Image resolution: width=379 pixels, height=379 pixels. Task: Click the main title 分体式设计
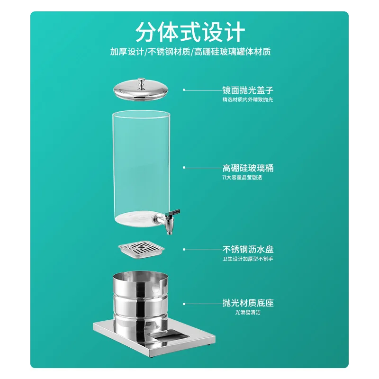coord(190,32)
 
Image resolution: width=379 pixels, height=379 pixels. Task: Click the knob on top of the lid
coord(141,83)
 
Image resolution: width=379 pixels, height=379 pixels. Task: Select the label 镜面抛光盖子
coord(248,90)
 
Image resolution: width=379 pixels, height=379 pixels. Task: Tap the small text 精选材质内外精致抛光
coord(248,99)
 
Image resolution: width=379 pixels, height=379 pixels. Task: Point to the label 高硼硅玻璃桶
coord(248,168)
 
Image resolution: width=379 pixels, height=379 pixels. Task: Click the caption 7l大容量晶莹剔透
coord(242,177)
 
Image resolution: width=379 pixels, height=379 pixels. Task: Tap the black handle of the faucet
coord(174,213)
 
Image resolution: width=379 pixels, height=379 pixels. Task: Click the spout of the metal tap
coord(169,230)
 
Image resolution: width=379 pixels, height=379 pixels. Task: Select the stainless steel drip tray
coord(141,249)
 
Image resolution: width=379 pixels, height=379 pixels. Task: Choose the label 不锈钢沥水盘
coord(248,249)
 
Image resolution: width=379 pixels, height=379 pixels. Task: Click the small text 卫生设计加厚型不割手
coord(248,259)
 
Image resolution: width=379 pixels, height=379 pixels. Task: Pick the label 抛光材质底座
coord(248,303)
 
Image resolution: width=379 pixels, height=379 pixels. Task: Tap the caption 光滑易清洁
coord(248,312)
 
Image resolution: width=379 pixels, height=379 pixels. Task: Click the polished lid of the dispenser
coord(141,90)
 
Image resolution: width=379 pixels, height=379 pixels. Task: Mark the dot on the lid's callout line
coord(184,90)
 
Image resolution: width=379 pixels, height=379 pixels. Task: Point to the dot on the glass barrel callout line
coord(184,167)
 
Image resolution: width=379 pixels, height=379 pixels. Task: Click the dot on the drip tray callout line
coord(184,249)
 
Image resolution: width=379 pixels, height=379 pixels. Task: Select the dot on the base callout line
coord(184,304)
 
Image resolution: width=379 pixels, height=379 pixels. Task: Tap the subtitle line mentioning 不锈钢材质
coord(190,52)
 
